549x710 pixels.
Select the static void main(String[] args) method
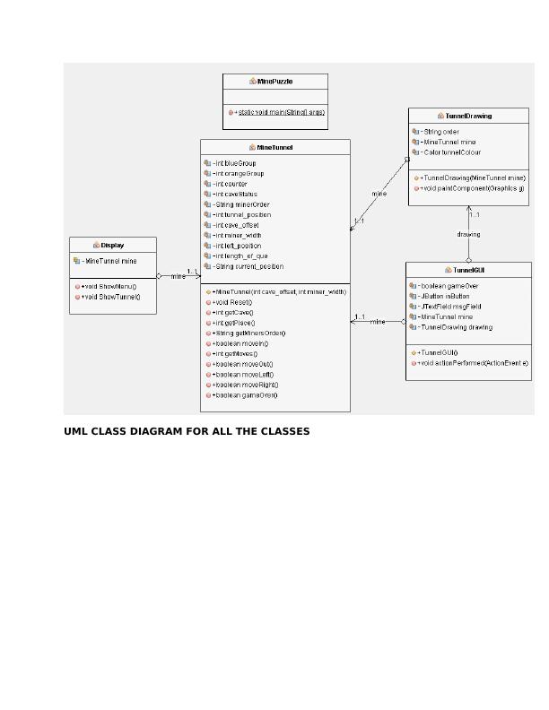(281, 113)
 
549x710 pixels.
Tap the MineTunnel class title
(275, 148)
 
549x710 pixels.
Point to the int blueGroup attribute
(235, 164)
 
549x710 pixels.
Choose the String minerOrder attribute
(241, 205)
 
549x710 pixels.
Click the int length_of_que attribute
(240, 256)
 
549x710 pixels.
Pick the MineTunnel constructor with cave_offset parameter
(279, 292)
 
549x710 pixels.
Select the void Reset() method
(233, 303)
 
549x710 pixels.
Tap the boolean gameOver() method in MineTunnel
(246, 395)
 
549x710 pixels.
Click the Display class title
(112, 246)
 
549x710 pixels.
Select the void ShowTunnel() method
(111, 297)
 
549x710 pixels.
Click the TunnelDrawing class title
(468, 117)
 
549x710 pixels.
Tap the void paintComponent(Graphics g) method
(473, 189)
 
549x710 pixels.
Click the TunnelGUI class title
(468, 271)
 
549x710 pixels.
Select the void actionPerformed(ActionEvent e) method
(474, 364)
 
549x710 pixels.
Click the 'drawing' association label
(468, 235)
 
